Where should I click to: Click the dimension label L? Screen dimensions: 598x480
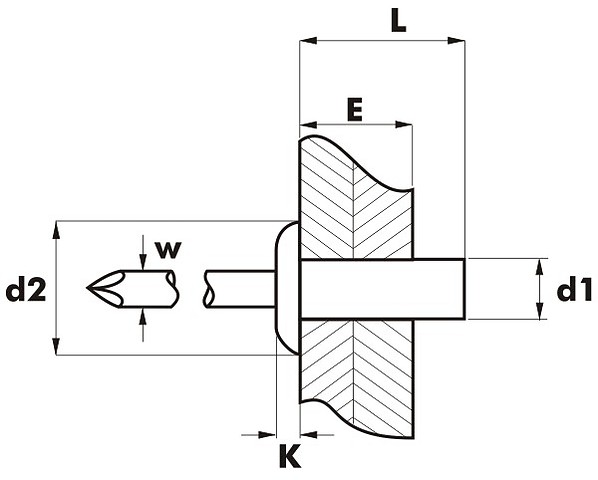399,22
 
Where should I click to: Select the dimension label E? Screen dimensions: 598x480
355,109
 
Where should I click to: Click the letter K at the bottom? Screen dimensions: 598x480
290,455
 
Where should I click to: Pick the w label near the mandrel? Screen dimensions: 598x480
168,250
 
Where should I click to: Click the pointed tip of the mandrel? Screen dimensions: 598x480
87,288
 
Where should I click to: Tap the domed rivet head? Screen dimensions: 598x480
286,288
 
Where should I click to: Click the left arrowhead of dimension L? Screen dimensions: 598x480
309,41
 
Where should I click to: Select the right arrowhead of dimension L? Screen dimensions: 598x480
456,41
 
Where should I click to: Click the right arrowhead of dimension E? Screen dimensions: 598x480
404,125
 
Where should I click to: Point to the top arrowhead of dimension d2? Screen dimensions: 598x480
56,230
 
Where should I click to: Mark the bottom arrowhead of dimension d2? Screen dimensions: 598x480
56,346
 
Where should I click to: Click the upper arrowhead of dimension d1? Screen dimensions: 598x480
539,267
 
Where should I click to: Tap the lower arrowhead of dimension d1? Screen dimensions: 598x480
539,311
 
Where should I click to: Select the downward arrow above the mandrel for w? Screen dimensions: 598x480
143,253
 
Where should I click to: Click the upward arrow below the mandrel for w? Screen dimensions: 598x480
143,325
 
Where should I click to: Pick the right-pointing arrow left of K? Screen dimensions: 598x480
259,434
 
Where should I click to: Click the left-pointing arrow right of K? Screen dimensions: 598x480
317,434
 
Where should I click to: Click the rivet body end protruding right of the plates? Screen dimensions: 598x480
439,289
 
